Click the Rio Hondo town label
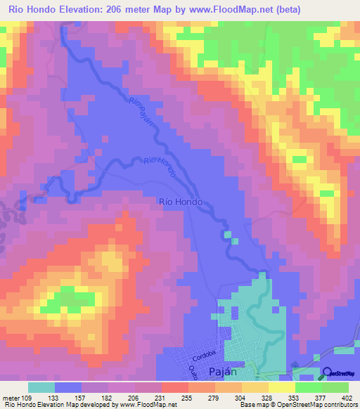pyautogui.click(x=182, y=202)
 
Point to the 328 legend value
pyautogui.click(x=257, y=398)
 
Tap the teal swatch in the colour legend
pyautogui.click(x=41, y=387)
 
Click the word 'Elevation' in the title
pyautogui.click(x=86, y=10)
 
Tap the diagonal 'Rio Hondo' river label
pyautogui.click(x=160, y=167)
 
